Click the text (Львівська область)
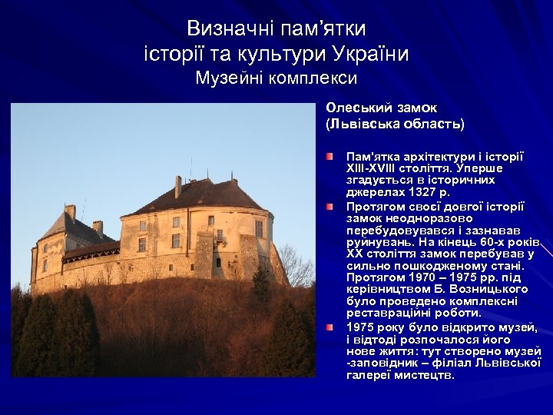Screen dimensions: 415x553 [x=395, y=123]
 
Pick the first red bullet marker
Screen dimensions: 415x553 [x=329, y=156]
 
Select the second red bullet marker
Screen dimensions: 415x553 [x=329, y=207]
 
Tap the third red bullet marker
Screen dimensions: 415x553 [x=329, y=327]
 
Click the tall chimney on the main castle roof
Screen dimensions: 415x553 [x=178, y=186]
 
